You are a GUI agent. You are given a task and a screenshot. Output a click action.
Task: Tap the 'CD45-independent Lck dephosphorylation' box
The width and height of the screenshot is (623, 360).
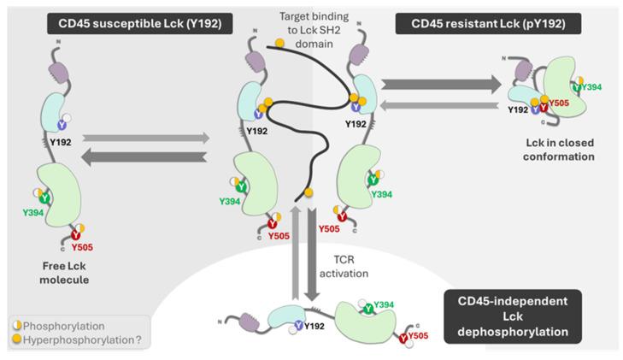(513, 316)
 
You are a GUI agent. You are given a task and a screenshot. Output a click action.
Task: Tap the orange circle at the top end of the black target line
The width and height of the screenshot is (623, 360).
(279, 43)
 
